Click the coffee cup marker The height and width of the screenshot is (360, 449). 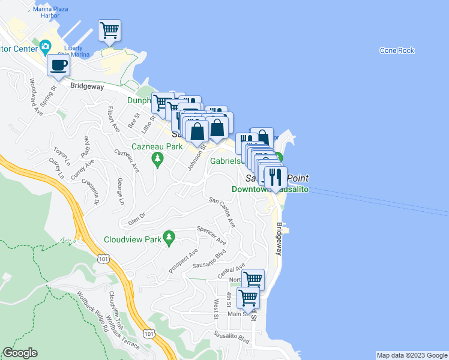[58, 65]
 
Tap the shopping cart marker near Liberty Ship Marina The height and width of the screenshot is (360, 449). [109, 30]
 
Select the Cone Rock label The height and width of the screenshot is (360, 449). [397, 50]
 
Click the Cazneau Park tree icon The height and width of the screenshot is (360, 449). [158, 159]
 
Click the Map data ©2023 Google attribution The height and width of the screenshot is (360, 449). [411, 355]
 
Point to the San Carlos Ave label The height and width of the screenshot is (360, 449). [221, 212]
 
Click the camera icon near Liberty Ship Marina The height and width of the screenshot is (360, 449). [45, 46]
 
